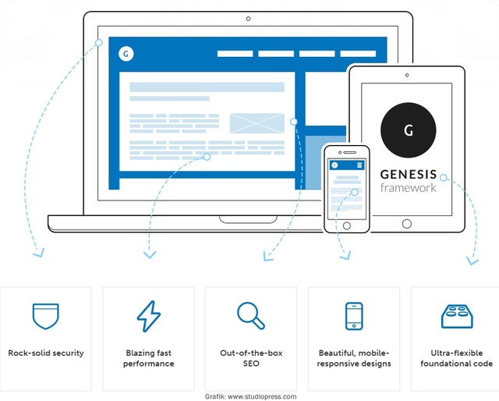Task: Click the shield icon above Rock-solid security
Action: click(46, 316)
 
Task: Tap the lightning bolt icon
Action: click(149, 316)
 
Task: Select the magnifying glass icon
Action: click(251, 315)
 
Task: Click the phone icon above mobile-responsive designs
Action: click(354, 316)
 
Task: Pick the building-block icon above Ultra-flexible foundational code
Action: click(457, 317)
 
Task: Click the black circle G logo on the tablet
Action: click(409, 130)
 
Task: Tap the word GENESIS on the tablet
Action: click(409, 175)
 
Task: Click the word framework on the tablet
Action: click(408, 187)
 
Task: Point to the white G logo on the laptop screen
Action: click(126, 54)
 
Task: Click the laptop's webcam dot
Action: click(248, 19)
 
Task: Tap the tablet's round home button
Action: click(407, 224)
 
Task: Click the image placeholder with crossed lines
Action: click(257, 123)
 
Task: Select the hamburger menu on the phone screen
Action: click(359, 165)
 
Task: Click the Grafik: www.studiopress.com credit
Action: click(251, 396)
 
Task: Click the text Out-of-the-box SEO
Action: click(251, 358)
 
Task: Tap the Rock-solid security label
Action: click(46, 353)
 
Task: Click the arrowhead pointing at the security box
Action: click(39, 253)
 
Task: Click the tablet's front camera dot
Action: click(407, 75)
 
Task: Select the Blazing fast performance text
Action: click(149, 358)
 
